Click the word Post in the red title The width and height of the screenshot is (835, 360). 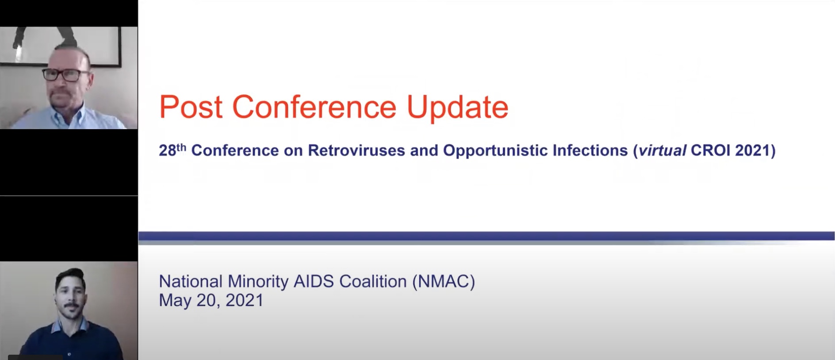191,107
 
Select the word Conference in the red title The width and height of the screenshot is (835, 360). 314,107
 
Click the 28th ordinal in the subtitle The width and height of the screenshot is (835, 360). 172,150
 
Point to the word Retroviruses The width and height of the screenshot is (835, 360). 356,150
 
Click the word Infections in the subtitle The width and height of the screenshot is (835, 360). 590,150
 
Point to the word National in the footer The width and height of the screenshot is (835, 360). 191,281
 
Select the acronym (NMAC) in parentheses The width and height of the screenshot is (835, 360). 444,282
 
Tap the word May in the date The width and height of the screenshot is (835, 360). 176,301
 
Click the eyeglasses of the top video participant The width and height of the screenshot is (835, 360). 65,75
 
